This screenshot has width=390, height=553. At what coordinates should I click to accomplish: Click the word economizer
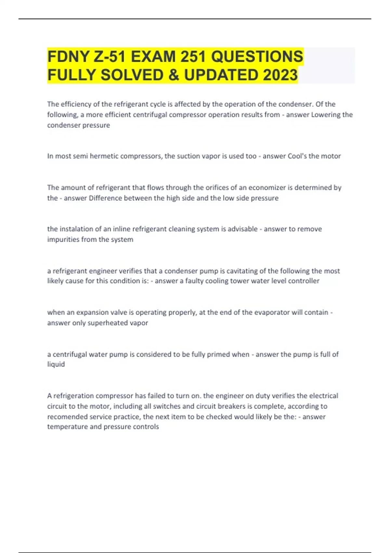266,187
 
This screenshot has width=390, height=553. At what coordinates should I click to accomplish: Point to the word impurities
62,239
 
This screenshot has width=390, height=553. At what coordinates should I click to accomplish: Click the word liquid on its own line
56,364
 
